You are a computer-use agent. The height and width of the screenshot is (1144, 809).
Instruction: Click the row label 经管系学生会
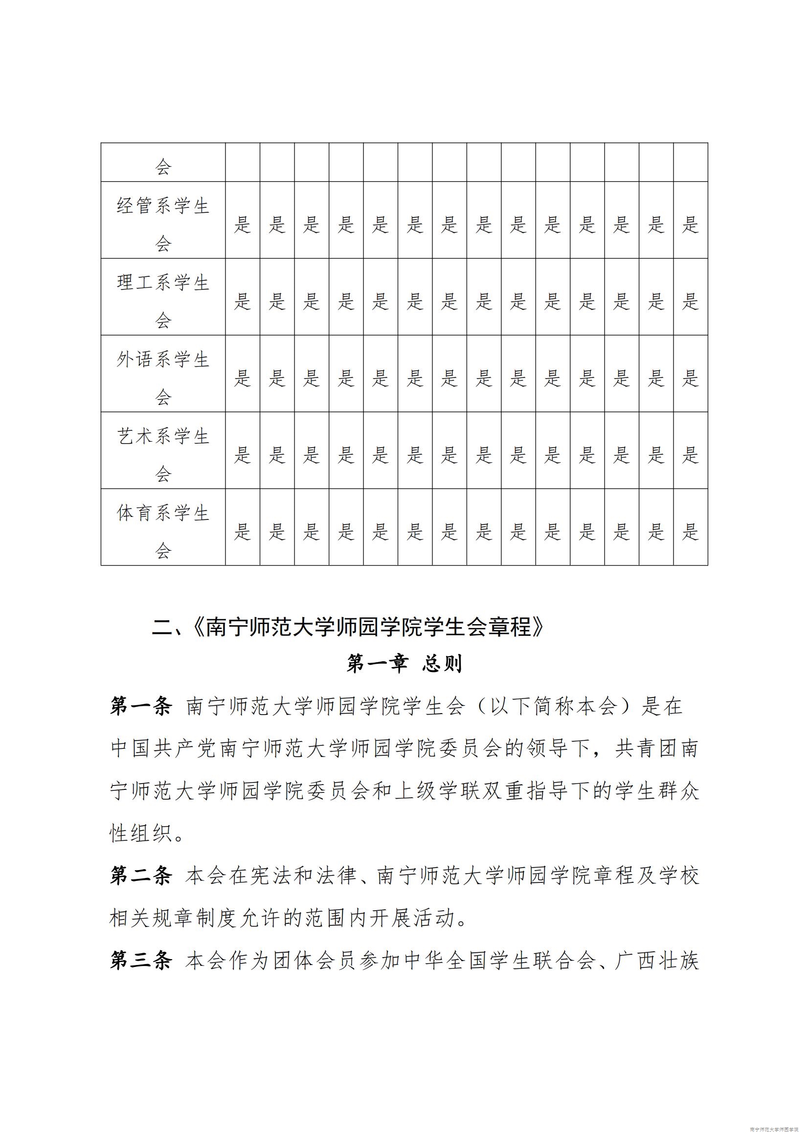(x=163, y=224)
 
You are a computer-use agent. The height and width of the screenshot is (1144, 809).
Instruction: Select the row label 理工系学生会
(x=163, y=301)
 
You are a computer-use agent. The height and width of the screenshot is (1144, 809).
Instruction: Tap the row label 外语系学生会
(x=163, y=378)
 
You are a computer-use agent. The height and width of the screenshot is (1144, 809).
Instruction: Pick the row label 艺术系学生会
(x=163, y=454)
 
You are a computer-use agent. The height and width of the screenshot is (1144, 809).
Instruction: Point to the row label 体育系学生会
(x=163, y=531)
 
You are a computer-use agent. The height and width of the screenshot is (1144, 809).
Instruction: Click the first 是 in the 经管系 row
(x=243, y=224)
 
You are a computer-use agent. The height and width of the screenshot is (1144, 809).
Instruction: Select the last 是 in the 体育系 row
(x=691, y=532)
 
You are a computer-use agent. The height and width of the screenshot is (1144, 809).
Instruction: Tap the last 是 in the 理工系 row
(x=691, y=301)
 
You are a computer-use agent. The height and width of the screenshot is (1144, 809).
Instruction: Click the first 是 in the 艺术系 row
(x=243, y=455)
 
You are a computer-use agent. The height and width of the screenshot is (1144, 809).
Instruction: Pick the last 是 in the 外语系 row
(x=691, y=378)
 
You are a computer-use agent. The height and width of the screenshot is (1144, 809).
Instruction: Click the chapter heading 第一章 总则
(x=404, y=664)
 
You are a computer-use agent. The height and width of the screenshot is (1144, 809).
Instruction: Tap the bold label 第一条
(x=141, y=706)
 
